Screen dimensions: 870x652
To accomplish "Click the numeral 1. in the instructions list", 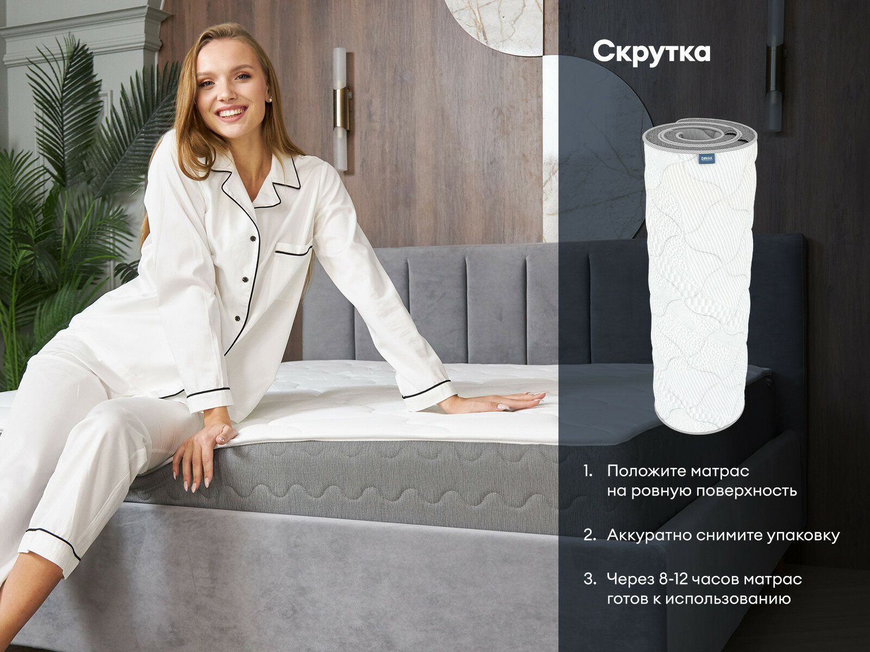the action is [588, 472].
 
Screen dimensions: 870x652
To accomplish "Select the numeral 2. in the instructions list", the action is [590, 536].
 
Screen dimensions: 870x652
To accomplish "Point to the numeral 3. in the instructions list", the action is [590, 580].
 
